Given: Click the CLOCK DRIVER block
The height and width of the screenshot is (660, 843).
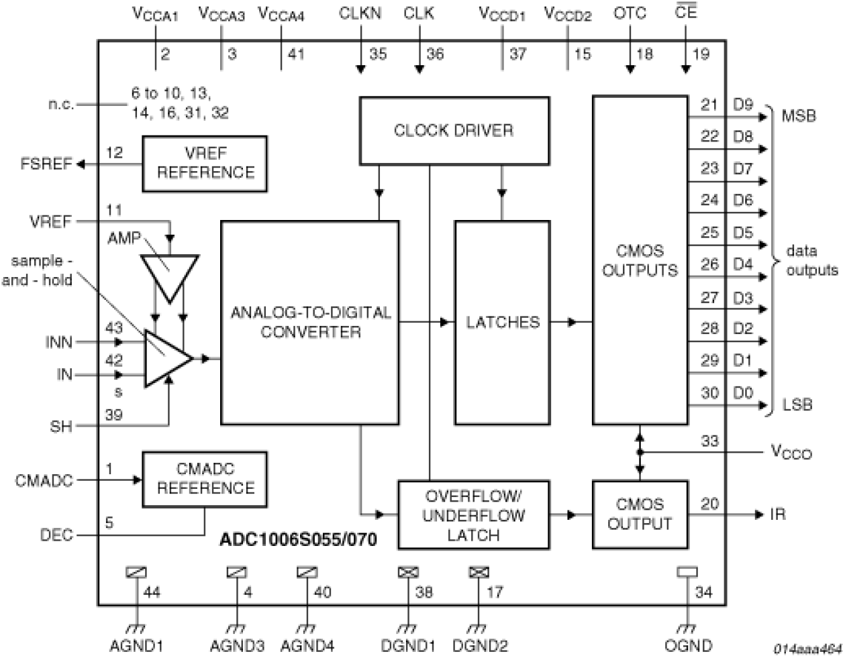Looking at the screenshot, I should click(454, 131).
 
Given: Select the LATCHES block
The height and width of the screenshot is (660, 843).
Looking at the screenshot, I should click(503, 323).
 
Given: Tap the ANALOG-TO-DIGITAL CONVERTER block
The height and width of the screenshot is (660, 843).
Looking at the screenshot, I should click(309, 323).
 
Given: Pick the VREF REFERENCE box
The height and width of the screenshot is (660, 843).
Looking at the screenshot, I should click(204, 163).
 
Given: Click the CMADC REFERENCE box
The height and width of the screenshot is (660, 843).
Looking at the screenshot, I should click(204, 479).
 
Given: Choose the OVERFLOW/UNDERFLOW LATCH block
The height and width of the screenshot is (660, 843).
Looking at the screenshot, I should click(473, 515).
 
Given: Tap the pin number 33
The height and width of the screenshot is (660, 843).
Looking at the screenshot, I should click(709, 441).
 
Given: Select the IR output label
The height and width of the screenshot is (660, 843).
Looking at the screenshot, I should click(779, 515).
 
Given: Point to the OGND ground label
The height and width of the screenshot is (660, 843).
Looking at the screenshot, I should click(687, 646).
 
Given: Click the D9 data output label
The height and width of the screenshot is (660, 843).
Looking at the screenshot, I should click(743, 105).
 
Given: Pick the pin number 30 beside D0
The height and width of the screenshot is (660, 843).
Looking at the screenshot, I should click(709, 393).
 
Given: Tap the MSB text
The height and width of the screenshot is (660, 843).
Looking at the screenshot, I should click(799, 115).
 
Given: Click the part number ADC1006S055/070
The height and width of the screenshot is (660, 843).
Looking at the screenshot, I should click(299, 539).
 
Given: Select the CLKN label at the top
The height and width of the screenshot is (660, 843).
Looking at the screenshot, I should click(360, 13).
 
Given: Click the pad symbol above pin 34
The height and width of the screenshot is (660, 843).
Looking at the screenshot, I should click(687, 572).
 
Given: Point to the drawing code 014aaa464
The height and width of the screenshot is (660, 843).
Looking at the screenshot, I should click(807, 649).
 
